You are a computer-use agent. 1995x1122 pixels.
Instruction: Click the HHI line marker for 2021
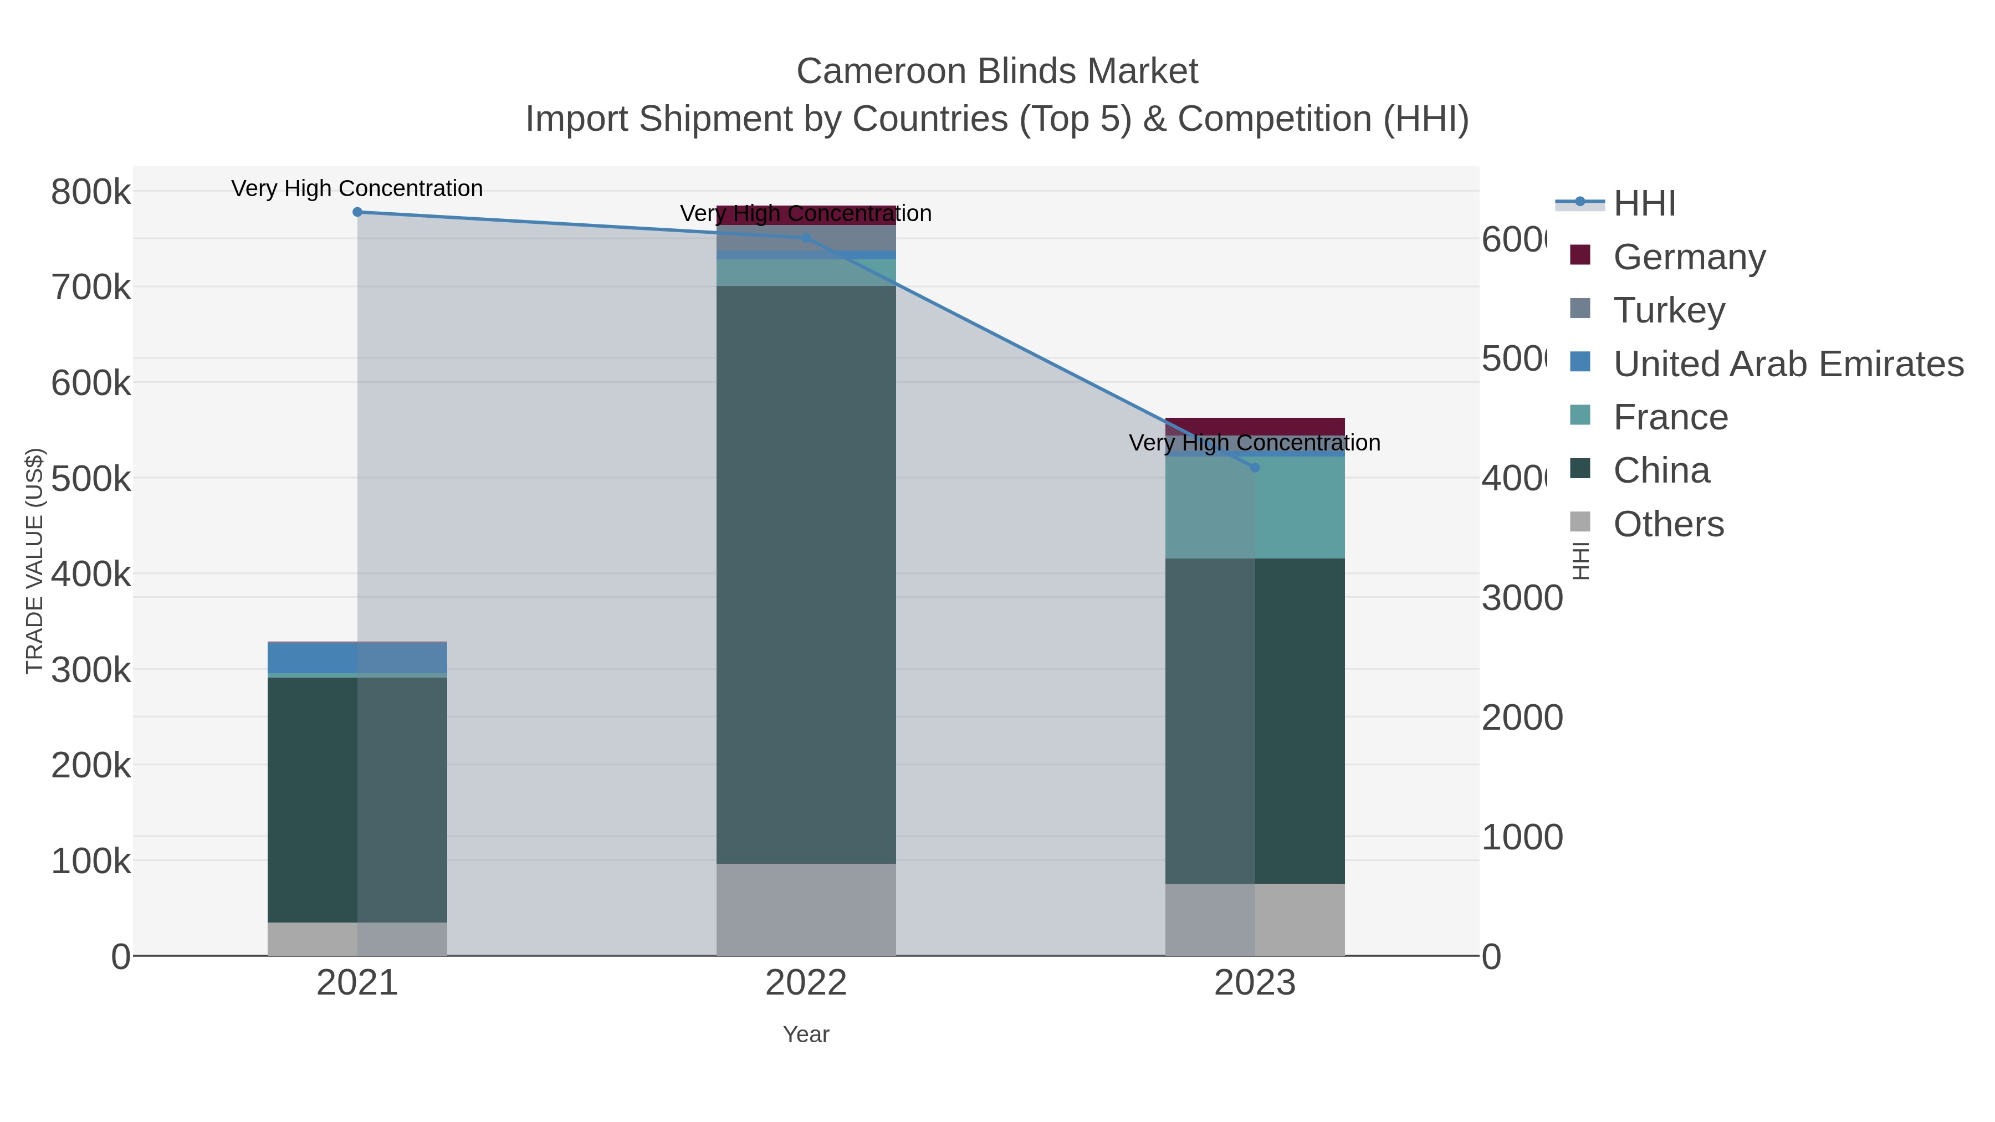coord(357,212)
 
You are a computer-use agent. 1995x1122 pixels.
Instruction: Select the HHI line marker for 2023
coord(1255,468)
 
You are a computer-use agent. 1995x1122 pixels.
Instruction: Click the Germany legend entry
coord(1689,257)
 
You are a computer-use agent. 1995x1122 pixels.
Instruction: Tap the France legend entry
coord(1670,417)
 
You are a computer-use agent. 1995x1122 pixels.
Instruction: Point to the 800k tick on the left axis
coord(91,191)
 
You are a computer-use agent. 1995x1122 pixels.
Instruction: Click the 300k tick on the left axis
coord(91,670)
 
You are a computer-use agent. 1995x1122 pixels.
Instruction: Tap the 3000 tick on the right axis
coord(1522,598)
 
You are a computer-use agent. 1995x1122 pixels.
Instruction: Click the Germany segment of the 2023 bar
coord(1255,426)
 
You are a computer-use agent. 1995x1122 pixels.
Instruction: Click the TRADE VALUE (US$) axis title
coord(35,561)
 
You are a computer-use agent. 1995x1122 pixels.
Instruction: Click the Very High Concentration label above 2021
coord(357,188)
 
